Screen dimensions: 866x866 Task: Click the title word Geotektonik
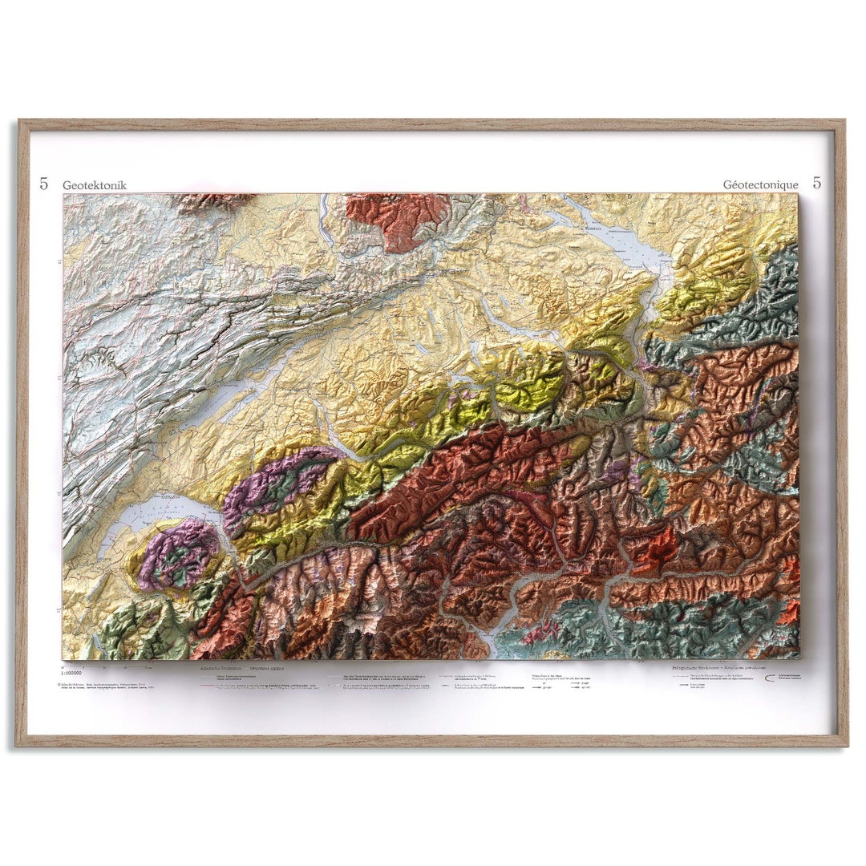pos(95,185)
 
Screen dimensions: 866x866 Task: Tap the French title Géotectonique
pos(760,184)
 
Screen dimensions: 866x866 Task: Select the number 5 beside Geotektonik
pos(44,184)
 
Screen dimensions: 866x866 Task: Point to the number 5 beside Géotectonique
pos(816,183)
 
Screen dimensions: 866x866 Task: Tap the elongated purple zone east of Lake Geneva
pos(281,481)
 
